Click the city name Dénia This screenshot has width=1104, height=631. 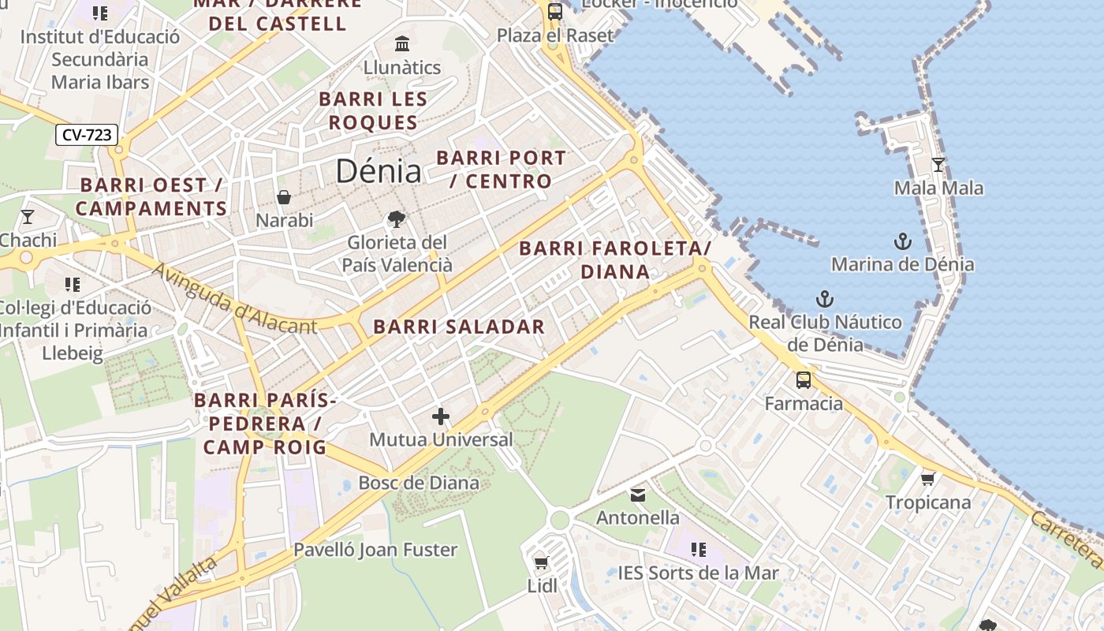point(378,170)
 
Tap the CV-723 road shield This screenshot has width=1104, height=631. point(87,135)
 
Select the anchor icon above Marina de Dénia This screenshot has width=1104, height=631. point(902,241)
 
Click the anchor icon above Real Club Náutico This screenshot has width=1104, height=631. point(824,299)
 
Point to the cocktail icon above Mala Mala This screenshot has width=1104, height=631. point(938,165)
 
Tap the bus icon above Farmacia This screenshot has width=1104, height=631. point(803,380)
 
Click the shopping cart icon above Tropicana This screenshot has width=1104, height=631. point(928,479)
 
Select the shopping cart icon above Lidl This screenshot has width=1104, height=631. point(541,562)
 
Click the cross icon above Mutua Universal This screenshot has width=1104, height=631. point(441,416)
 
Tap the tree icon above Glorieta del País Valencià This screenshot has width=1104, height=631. point(396,219)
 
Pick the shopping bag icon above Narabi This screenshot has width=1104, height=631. point(284,197)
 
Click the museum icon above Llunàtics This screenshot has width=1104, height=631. point(402,43)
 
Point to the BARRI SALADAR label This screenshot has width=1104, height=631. point(459,327)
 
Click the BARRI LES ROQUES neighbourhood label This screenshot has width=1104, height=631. point(373,111)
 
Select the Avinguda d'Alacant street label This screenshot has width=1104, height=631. point(233,299)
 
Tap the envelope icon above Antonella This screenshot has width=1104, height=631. point(637,495)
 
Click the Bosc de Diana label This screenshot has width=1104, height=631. point(419,483)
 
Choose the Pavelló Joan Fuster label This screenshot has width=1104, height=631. point(375,550)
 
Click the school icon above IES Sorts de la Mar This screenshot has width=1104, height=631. point(698,550)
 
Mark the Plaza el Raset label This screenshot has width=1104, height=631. point(555,35)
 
